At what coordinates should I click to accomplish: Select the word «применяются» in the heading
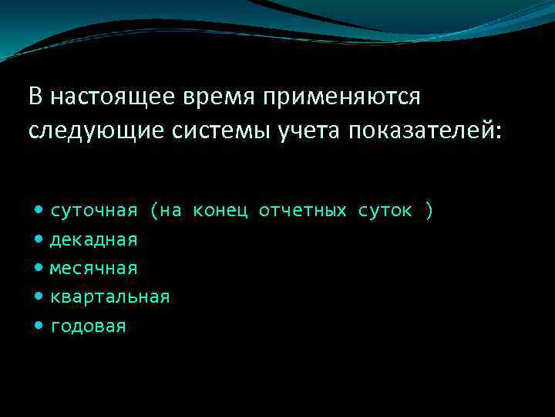coord(342,98)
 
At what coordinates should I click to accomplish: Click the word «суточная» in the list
coord(94,211)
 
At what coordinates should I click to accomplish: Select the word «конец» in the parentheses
coord(220,211)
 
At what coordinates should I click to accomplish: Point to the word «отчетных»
coord(303,211)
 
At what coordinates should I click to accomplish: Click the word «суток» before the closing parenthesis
coord(385,211)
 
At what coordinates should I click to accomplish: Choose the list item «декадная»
coord(94,240)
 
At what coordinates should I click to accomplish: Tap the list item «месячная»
coord(94,269)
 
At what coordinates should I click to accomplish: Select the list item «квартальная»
coord(110,297)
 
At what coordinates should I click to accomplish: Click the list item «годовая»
coord(89,327)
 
